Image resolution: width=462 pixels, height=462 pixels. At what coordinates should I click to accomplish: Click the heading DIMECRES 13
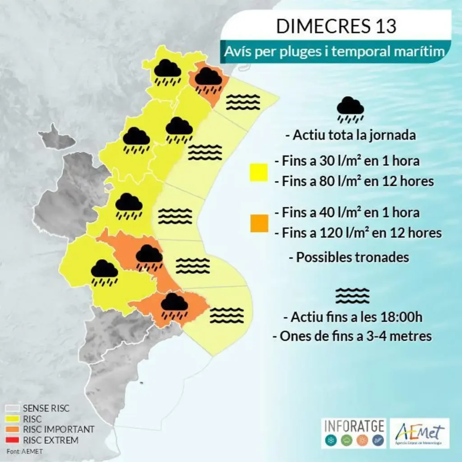(x=336, y=27)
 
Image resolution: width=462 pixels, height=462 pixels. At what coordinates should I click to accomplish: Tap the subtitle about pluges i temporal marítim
(x=336, y=52)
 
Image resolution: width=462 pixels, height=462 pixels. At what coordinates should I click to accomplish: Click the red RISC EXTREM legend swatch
(x=13, y=440)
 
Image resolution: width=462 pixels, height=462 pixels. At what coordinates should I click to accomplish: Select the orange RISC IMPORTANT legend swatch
(x=13, y=430)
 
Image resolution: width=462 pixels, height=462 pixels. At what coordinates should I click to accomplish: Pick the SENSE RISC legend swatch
(x=13, y=409)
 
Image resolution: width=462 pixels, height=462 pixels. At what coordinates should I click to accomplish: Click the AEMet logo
(x=419, y=433)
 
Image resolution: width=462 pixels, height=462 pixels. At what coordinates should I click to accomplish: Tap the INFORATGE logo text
(x=354, y=426)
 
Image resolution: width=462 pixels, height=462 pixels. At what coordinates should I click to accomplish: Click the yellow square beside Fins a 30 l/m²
(x=259, y=172)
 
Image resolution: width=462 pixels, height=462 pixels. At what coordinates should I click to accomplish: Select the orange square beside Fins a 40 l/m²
(x=259, y=223)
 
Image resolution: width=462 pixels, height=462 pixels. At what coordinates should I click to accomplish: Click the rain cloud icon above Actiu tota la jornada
(x=350, y=110)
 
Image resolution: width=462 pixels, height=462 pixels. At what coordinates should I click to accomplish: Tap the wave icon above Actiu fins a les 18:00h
(x=352, y=296)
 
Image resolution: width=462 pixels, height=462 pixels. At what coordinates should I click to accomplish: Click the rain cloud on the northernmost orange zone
(x=208, y=79)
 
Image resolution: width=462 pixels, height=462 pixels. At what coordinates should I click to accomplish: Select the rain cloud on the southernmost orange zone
(x=175, y=306)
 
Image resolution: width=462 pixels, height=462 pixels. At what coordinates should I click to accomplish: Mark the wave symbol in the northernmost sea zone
(x=243, y=102)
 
